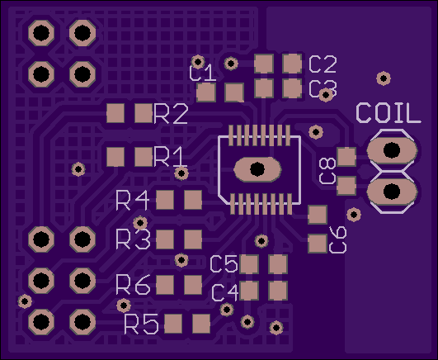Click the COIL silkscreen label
389,113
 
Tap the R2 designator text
171,114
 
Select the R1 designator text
170,157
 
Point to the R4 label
132,201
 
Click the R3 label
134,239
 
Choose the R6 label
134,285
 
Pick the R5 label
141,324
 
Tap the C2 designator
323,64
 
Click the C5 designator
224,263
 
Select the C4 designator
225,292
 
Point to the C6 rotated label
338,239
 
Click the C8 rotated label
328,171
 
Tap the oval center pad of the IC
257,169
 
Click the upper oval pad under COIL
392,150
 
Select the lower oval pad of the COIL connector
392,192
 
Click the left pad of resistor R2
115,113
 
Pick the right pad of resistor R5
201,324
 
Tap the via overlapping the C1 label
198,61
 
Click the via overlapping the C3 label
326,95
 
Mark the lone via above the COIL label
384,78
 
